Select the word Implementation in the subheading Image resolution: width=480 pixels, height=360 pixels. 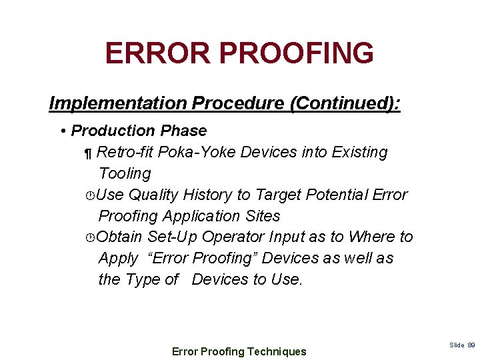click(x=118, y=103)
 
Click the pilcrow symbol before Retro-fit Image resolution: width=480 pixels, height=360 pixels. click(x=87, y=153)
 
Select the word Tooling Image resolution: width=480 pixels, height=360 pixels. click(x=125, y=173)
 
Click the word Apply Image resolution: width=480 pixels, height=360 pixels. click(x=118, y=259)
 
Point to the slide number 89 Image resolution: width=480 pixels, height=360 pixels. click(x=471, y=345)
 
